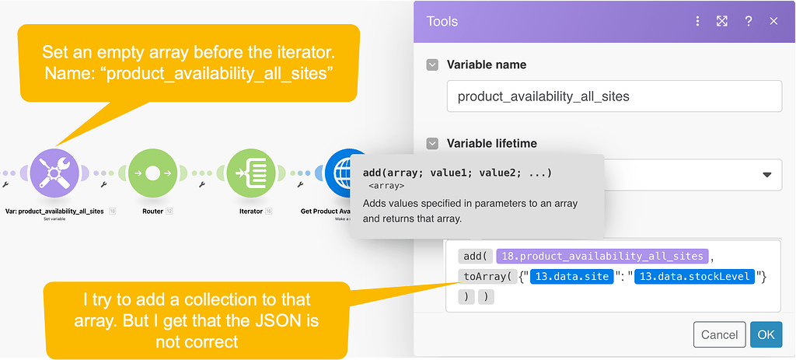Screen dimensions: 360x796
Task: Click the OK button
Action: point(766,334)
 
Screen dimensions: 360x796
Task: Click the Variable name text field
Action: point(614,96)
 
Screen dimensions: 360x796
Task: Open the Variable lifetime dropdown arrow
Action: point(767,175)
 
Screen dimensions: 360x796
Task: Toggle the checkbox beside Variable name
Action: point(433,65)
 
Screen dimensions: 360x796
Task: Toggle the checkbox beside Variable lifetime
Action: point(433,143)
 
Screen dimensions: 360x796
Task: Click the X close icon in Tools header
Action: point(773,21)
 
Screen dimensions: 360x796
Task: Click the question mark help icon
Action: point(748,21)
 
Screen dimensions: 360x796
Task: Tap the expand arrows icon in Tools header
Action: point(722,21)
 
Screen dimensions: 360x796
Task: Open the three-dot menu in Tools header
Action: point(697,21)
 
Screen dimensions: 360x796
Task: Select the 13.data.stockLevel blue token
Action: point(693,275)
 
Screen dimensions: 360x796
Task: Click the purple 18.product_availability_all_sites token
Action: point(602,256)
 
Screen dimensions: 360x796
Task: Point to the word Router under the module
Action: point(152,211)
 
